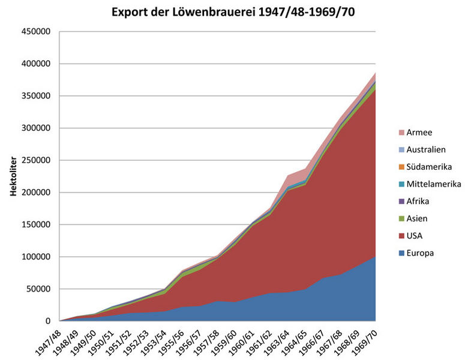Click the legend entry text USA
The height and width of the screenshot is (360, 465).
coord(415,236)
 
